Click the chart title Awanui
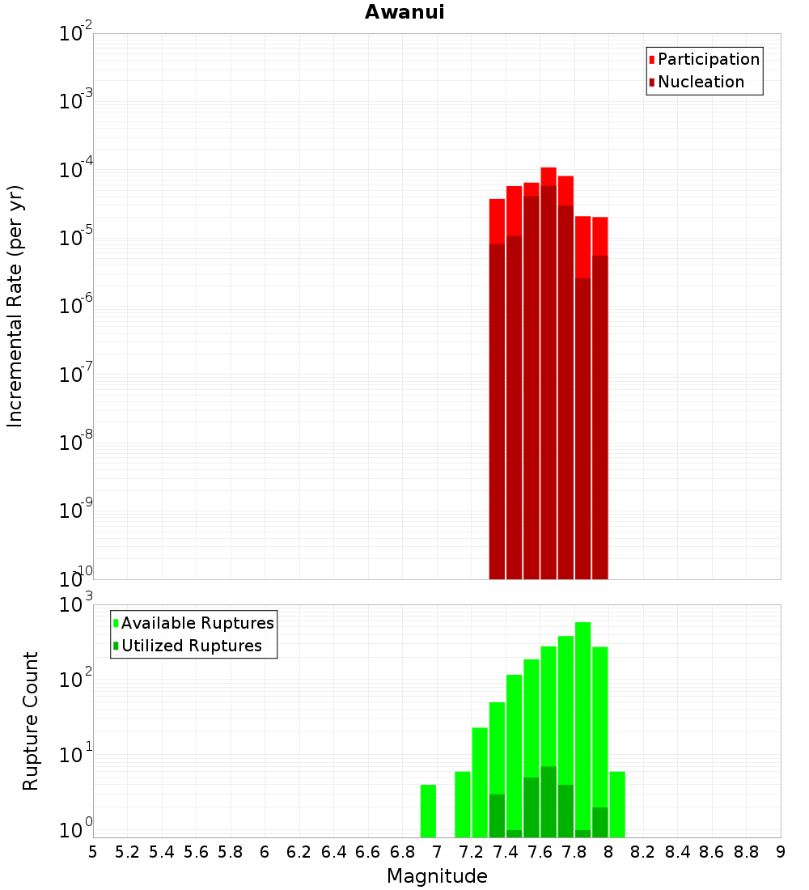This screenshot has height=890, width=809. pyautogui.click(x=404, y=12)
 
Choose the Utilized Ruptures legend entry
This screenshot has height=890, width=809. pyautogui.click(x=191, y=646)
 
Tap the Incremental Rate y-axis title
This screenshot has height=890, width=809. pyautogui.click(x=15, y=306)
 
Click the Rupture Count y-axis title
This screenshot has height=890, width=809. pyautogui.click(x=31, y=721)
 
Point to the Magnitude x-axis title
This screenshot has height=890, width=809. pyautogui.click(x=437, y=876)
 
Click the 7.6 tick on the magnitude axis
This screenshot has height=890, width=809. pyautogui.click(x=540, y=852)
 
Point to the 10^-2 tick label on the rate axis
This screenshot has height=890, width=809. pyautogui.click(x=76, y=34)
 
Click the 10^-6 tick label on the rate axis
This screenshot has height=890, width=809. pyautogui.click(x=76, y=307)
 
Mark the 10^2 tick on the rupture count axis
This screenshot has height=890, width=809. pyautogui.click(x=78, y=680)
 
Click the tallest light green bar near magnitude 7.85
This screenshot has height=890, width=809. pyautogui.click(x=582, y=688)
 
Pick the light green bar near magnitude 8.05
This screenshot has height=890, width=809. pyautogui.click(x=617, y=804)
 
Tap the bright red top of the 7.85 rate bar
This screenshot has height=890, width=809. pyautogui.click(x=582, y=247)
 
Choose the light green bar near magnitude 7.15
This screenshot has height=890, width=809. pyautogui.click(x=463, y=804)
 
